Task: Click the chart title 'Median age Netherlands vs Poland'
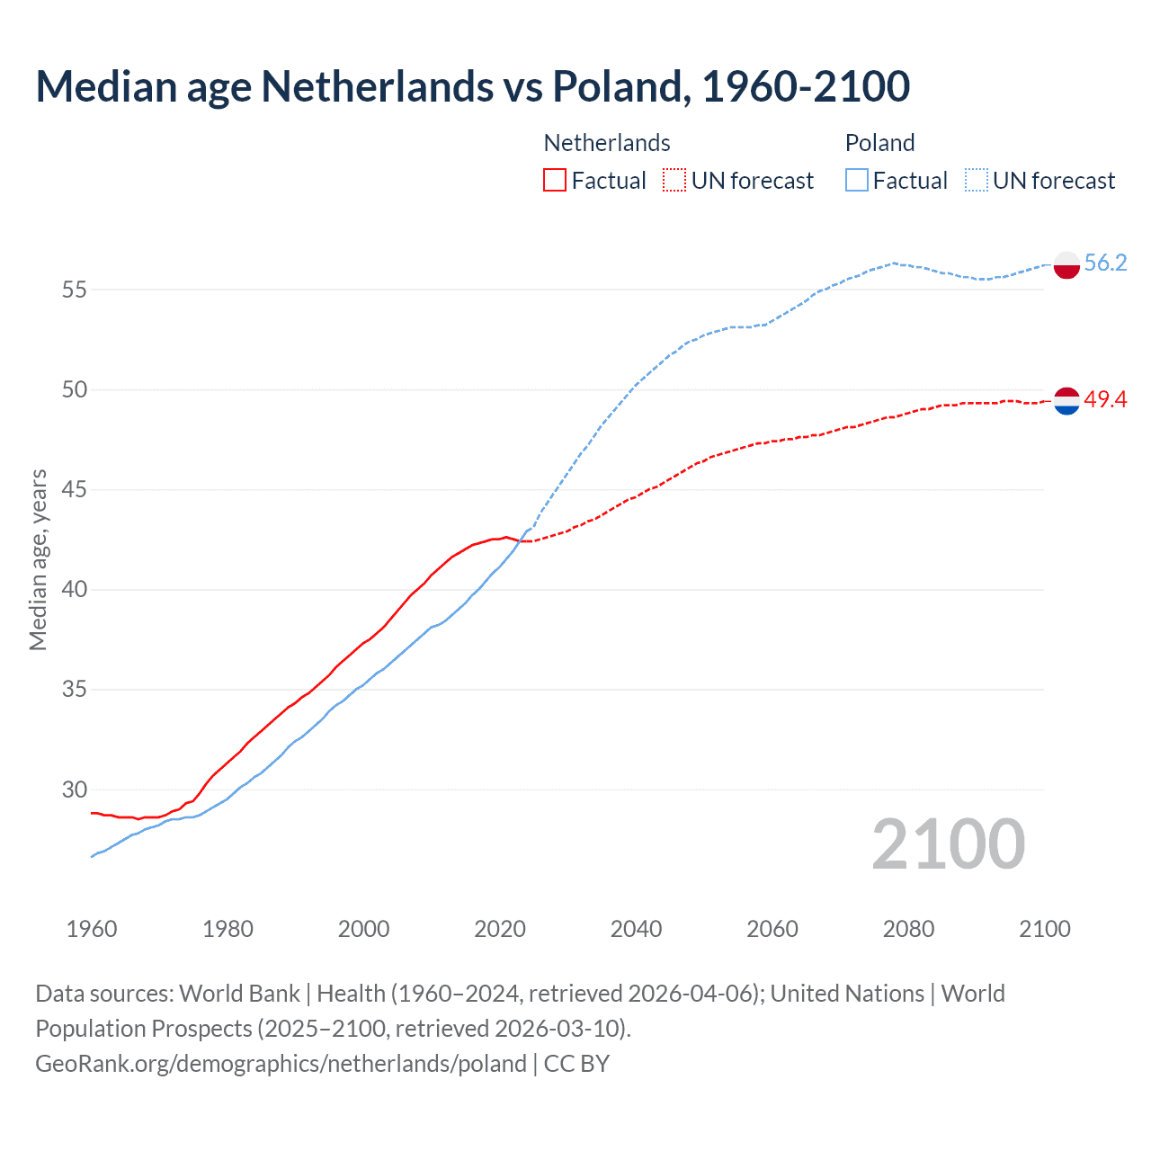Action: click(x=472, y=86)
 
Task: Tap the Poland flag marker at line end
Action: click(x=1066, y=264)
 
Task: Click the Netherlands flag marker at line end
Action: click(x=1066, y=401)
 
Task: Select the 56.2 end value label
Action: click(x=1105, y=263)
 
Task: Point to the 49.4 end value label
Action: click(x=1105, y=399)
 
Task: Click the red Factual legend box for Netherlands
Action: click(x=555, y=181)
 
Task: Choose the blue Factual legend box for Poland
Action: click(x=856, y=181)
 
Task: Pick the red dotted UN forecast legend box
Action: click(x=674, y=181)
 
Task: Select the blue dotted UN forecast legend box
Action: click(x=976, y=181)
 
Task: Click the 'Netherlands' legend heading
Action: click(x=607, y=143)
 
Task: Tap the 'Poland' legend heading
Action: click(x=879, y=143)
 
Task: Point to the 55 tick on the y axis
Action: click(x=75, y=290)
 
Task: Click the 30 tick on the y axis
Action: click(x=75, y=790)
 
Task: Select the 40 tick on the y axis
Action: click(x=75, y=590)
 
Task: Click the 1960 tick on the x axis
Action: click(x=92, y=929)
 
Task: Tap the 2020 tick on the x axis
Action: click(x=500, y=929)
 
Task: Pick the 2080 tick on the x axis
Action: click(x=908, y=929)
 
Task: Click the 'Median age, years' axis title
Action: click(x=38, y=559)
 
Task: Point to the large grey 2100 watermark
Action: click(x=948, y=844)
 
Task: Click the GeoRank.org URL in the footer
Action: click(x=281, y=1064)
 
